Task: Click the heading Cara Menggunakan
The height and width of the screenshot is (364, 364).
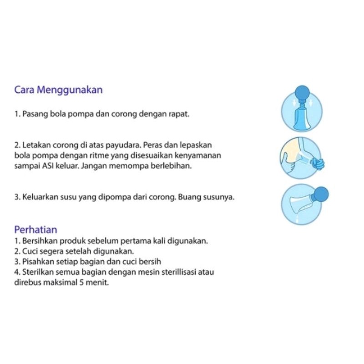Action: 58,90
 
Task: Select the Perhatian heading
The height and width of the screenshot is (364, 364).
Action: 35,230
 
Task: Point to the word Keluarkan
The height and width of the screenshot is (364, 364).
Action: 40,197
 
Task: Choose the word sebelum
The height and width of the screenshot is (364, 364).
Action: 103,241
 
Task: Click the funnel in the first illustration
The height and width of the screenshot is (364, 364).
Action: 302,118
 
